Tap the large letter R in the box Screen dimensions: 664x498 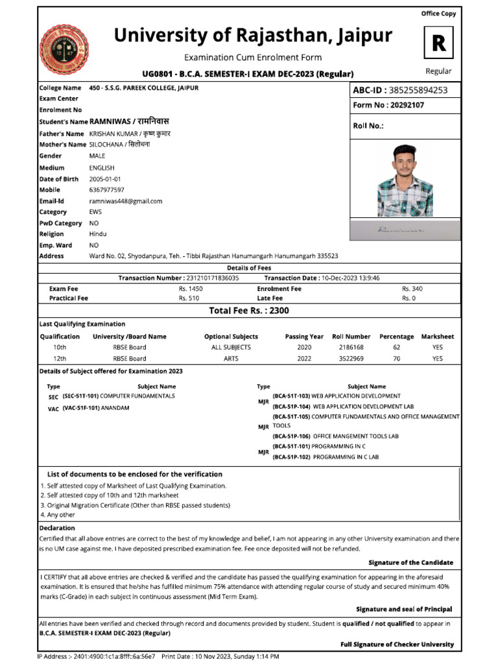439,43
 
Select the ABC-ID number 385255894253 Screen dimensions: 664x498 418,90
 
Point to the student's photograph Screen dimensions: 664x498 405,180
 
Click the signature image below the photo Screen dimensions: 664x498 405,230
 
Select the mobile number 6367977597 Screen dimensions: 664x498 106,190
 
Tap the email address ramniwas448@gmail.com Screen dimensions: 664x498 126,201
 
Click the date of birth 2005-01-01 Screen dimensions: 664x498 105,179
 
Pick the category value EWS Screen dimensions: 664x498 95,212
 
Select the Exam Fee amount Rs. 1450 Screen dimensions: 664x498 191,288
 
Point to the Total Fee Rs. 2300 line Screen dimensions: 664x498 249,311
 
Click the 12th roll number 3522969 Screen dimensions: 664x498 351,358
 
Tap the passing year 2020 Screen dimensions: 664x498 304,348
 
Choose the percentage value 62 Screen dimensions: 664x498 396,348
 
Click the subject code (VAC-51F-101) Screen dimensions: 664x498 81,408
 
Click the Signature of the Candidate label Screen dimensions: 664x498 410,562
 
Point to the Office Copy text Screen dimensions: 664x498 439,14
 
